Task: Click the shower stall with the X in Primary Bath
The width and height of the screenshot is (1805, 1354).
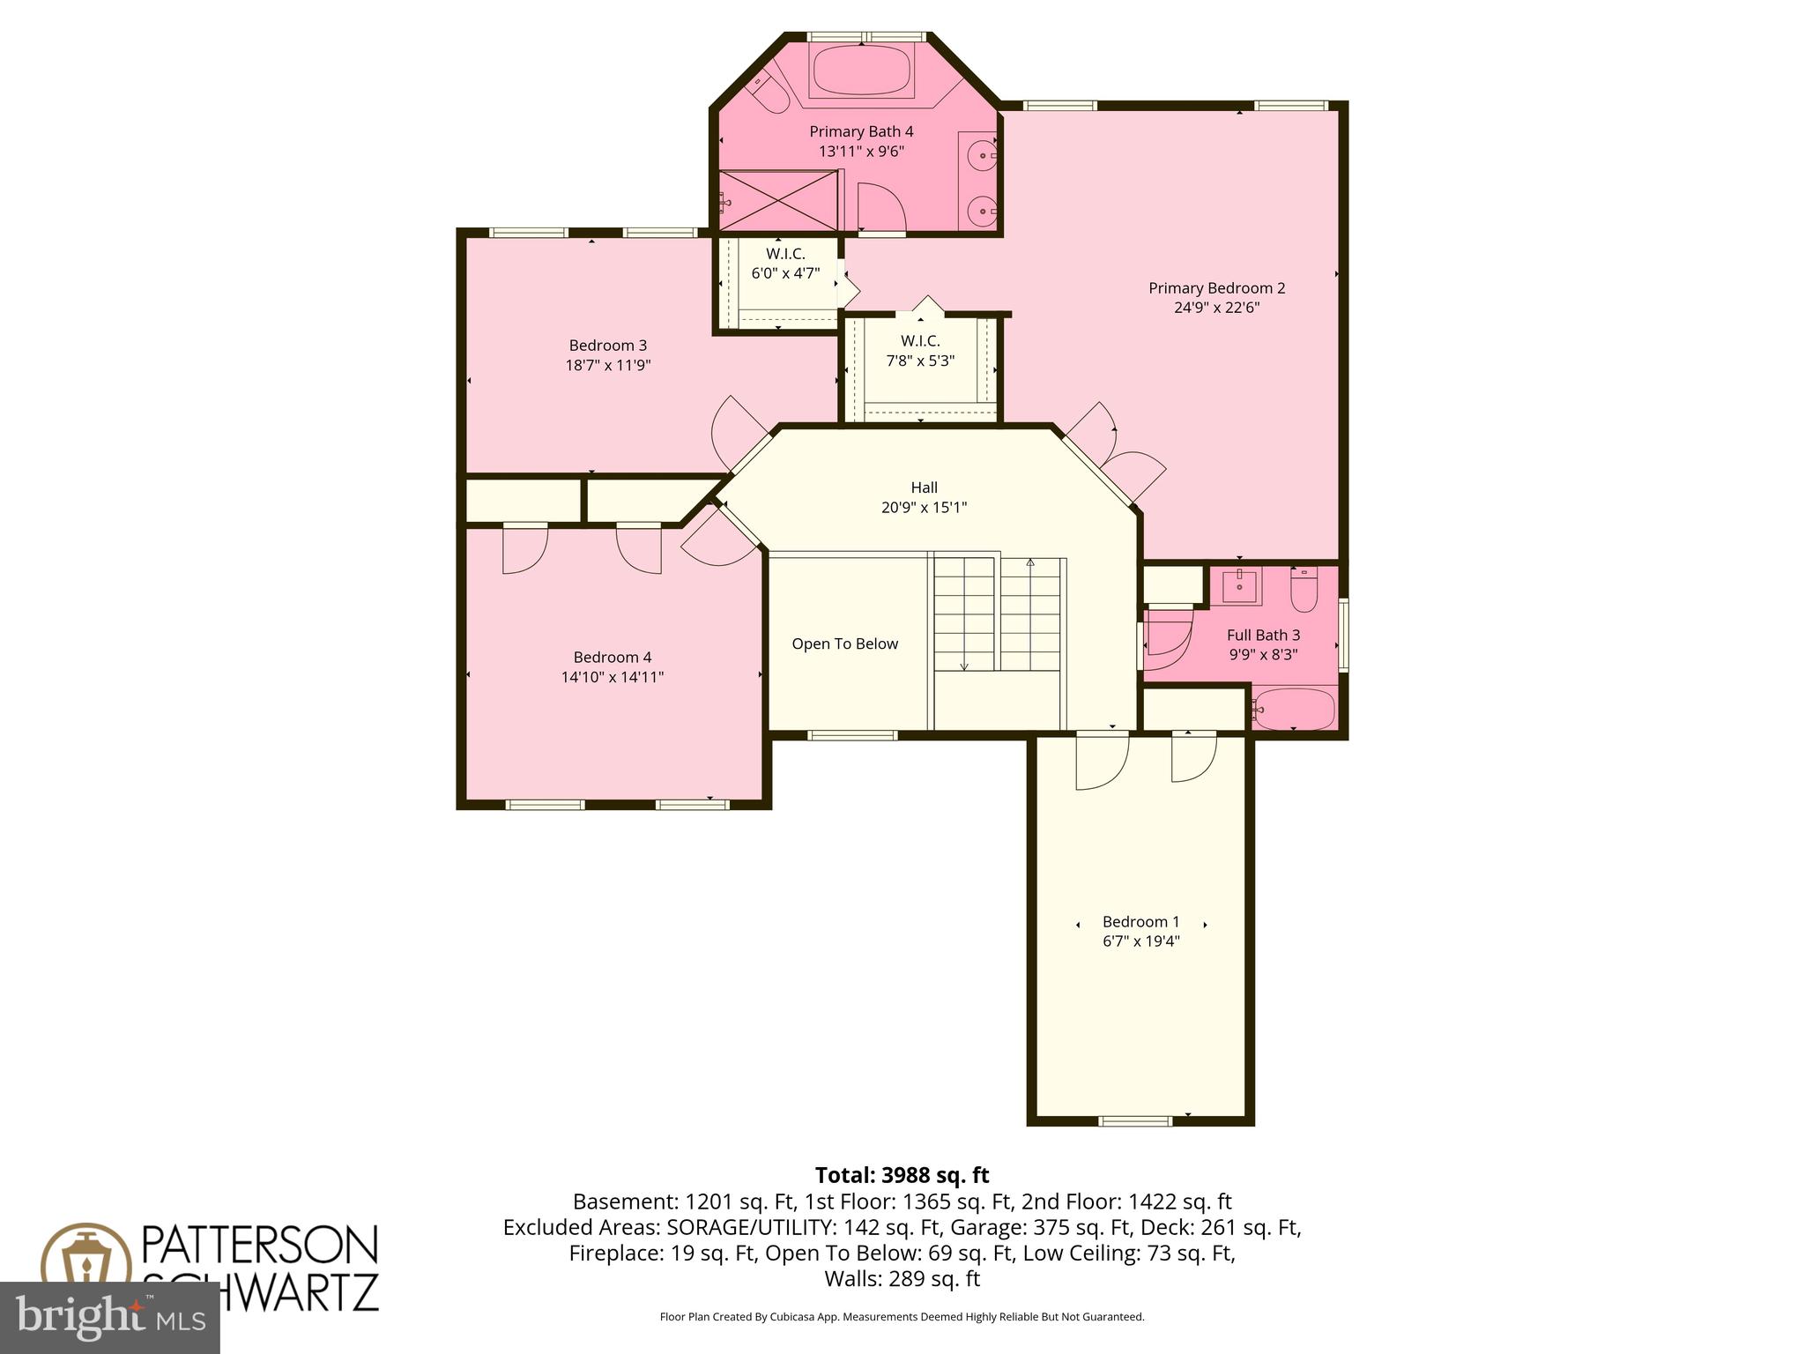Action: (x=779, y=201)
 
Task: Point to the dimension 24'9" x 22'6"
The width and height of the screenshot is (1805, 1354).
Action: (x=1216, y=308)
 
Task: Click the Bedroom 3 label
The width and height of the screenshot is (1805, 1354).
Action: (x=607, y=346)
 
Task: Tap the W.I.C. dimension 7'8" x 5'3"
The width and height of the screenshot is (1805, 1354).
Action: (x=920, y=361)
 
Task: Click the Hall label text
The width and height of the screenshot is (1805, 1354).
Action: (x=924, y=487)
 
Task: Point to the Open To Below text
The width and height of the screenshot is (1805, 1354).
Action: (x=844, y=644)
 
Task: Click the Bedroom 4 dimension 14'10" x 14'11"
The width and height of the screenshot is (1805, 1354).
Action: (x=612, y=677)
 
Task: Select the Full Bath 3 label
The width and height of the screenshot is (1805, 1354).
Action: (x=1263, y=635)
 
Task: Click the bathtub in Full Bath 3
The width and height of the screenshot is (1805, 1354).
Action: (x=1295, y=709)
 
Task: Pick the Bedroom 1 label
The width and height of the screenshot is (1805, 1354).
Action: (x=1140, y=922)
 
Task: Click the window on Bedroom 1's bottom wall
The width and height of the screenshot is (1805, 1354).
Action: (x=1135, y=1121)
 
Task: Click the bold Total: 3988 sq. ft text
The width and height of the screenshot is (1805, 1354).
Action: (x=902, y=1175)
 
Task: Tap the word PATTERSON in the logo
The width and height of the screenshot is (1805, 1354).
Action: (x=260, y=1245)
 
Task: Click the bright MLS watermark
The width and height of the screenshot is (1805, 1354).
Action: (x=109, y=1317)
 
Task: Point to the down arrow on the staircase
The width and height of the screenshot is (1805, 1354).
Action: (x=964, y=666)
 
